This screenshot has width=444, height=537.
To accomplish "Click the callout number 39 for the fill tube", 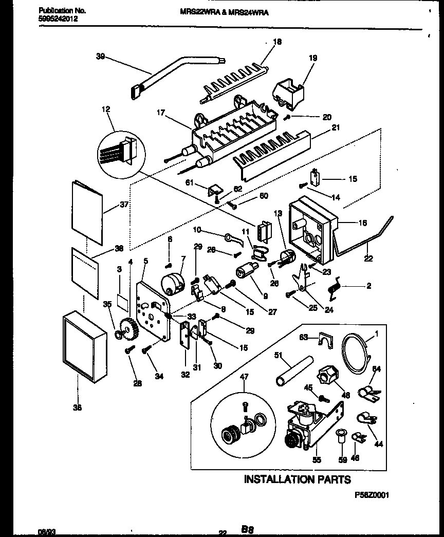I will (100, 57).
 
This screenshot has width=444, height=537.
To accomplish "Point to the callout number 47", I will (244, 377).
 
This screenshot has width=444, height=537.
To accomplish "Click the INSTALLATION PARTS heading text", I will (297, 479).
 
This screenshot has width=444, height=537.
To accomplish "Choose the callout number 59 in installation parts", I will (343, 460).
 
